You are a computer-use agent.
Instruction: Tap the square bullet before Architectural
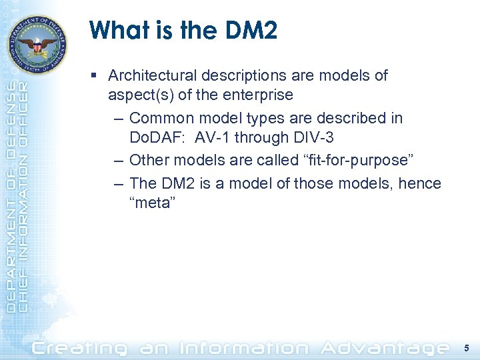(x=97, y=76)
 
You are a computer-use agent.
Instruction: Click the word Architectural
(x=151, y=75)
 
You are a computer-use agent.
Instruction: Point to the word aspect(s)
(x=133, y=95)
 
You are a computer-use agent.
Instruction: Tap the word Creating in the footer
(x=80, y=347)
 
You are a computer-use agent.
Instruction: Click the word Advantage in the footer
(x=385, y=347)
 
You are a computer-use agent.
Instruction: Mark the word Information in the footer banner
(x=246, y=347)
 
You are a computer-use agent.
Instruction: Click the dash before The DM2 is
(x=118, y=183)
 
